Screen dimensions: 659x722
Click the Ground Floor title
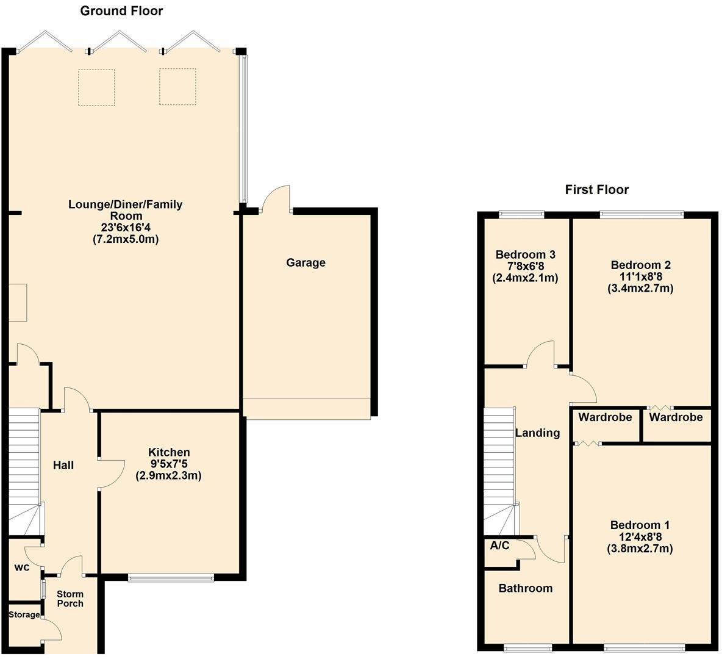[121, 11]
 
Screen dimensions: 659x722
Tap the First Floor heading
[596, 190]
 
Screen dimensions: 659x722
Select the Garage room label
[306, 263]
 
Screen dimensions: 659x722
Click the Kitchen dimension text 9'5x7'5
[169, 464]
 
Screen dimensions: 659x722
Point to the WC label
[22, 567]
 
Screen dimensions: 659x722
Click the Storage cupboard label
[24, 614]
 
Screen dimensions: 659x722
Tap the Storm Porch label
[70, 599]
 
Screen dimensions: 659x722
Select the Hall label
[63, 466]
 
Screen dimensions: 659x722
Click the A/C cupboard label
[499, 546]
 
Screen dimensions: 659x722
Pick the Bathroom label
[525, 588]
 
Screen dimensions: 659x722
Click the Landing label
[537, 433]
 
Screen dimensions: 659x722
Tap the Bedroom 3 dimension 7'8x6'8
[525, 266]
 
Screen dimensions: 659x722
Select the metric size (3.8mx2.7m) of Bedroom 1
[640, 549]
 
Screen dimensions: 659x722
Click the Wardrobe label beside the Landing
[605, 417]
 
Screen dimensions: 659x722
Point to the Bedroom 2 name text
[640, 265]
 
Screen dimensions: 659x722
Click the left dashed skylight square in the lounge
[96, 87]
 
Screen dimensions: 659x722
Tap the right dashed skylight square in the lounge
[177, 87]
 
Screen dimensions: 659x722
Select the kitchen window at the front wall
[171, 577]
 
